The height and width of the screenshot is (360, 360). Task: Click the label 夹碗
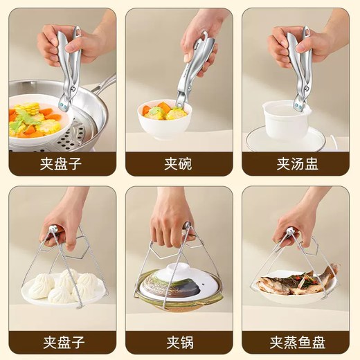pyautogui.click(x=179, y=164)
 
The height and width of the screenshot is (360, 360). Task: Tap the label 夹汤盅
pyautogui.click(x=296, y=164)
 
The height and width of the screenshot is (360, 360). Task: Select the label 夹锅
pyautogui.click(x=179, y=342)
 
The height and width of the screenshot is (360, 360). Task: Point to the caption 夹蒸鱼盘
pyautogui.click(x=296, y=342)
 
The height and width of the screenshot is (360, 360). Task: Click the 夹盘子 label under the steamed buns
pyautogui.click(x=63, y=342)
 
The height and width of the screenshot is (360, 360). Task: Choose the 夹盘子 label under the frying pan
pyautogui.click(x=63, y=164)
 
